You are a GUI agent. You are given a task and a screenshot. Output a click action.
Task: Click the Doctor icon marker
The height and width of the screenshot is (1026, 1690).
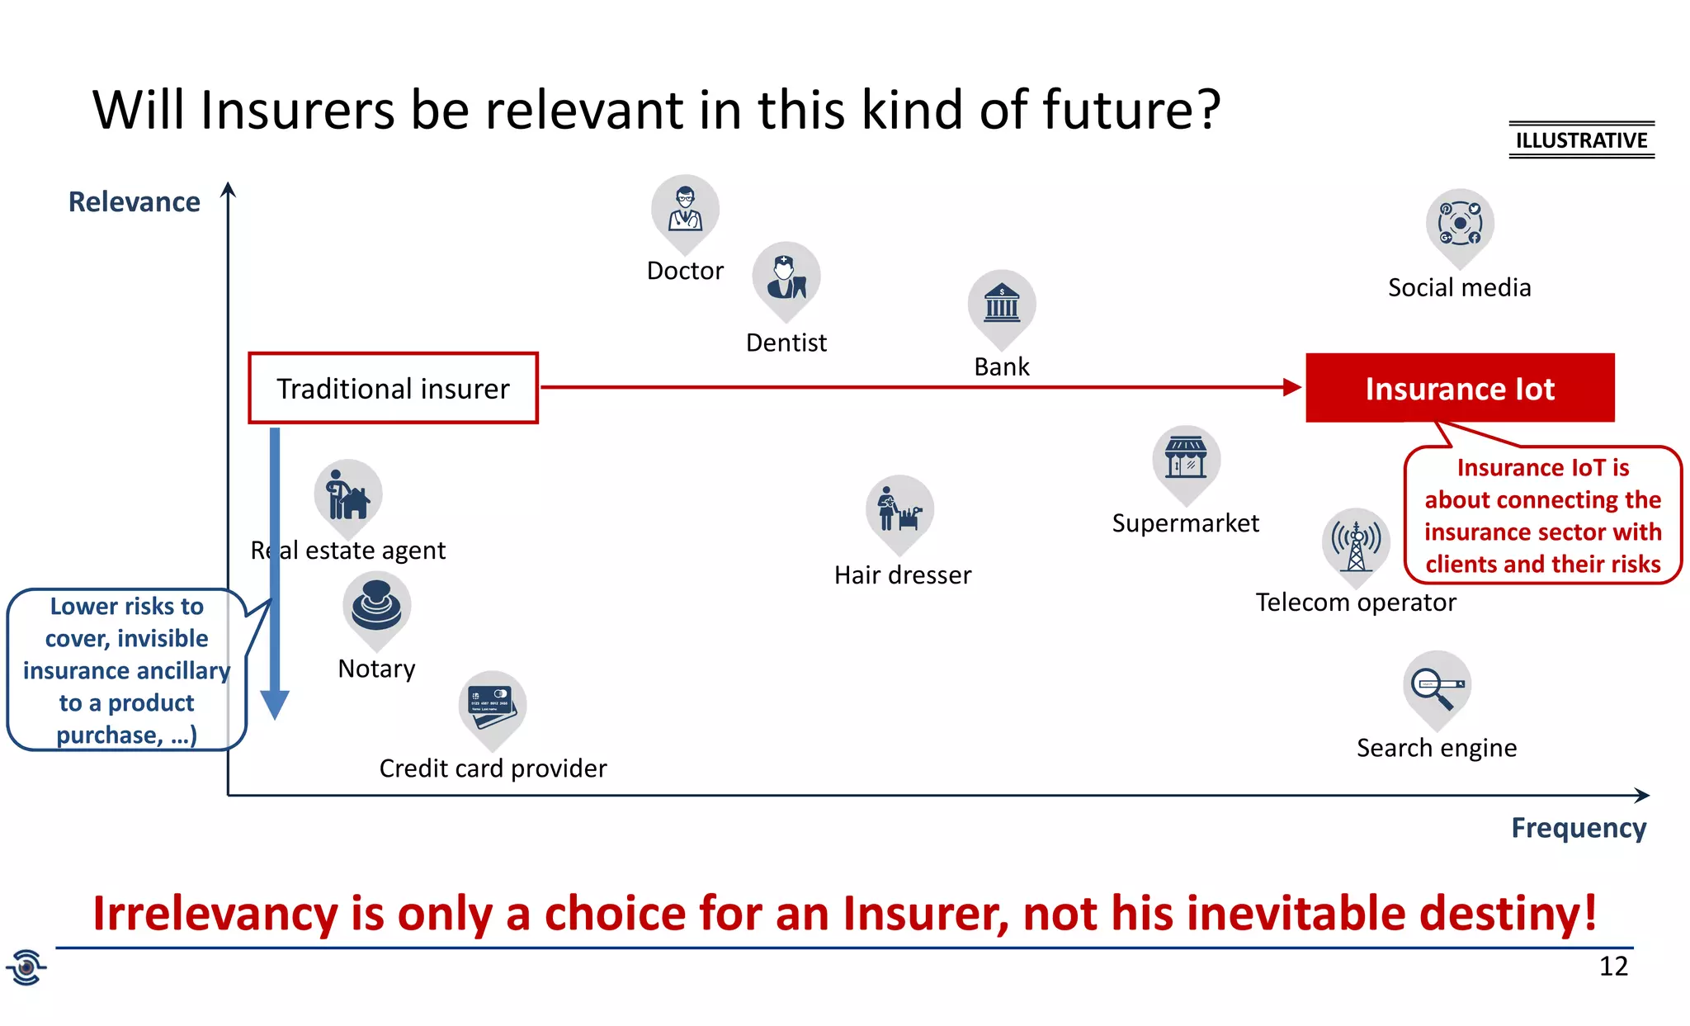(685, 209)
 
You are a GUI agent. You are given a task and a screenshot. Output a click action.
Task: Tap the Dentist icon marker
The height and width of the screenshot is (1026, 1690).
(786, 277)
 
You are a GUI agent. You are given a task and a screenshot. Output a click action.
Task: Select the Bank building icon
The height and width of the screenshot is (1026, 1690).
(1002, 305)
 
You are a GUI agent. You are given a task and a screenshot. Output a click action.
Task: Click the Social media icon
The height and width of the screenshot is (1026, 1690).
(1460, 224)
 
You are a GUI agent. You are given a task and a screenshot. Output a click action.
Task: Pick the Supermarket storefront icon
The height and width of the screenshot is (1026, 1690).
(1186, 459)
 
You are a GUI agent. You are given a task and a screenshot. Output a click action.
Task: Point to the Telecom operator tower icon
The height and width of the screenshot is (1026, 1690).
(1356, 541)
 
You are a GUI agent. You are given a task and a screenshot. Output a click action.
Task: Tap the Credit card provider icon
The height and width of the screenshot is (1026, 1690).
(492, 705)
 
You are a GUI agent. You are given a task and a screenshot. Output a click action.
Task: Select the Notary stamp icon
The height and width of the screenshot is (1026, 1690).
(376, 605)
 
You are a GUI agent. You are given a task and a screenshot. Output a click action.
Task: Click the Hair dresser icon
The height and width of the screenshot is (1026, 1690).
(899, 509)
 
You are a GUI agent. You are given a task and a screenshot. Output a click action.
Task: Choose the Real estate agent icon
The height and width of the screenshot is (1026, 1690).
(347, 494)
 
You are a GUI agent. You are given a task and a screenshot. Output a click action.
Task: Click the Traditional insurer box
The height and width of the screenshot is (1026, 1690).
(394, 389)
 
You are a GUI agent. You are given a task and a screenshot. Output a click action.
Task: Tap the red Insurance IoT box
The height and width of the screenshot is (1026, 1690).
(1459, 389)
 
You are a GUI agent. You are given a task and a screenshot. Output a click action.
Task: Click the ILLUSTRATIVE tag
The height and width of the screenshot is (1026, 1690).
(1581, 140)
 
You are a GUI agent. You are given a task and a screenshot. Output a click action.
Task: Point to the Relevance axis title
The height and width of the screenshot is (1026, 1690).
(134, 202)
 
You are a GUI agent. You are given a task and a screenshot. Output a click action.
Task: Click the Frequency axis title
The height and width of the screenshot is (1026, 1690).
(1578, 828)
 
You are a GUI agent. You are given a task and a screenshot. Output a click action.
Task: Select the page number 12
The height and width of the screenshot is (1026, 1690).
(1613, 966)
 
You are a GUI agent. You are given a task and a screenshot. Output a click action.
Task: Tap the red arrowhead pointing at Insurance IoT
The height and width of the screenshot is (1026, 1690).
(1291, 387)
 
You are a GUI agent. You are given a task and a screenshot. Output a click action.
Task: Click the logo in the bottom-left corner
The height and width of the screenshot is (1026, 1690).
(26, 967)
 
